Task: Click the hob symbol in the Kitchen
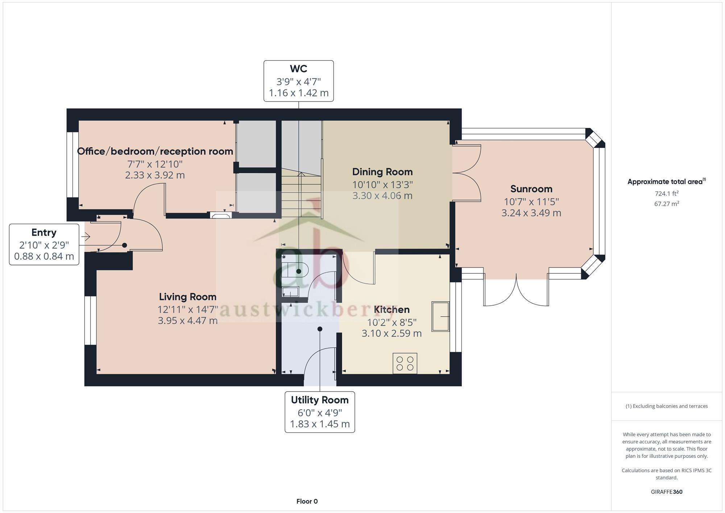pos(405,363)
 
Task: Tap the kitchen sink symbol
pos(440,317)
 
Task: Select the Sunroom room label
pos(531,189)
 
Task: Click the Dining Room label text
pos(382,172)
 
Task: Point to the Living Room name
pos(187,297)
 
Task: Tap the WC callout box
pos(298,81)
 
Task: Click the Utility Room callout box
pos(320,412)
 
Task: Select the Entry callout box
pos(44,244)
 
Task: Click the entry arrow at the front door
pos(86,237)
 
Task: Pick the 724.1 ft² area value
pos(666,194)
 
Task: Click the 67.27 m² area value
pos(666,204)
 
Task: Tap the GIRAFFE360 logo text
pos(666,492)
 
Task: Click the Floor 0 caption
pos(307,501)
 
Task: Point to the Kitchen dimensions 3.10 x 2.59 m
pos(391,333)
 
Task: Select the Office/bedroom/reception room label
pos(155,151)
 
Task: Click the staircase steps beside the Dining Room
pos(301,196)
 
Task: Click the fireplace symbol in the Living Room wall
pos(221,215)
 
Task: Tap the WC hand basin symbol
pos(290,292)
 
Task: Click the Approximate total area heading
pos(666,182)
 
